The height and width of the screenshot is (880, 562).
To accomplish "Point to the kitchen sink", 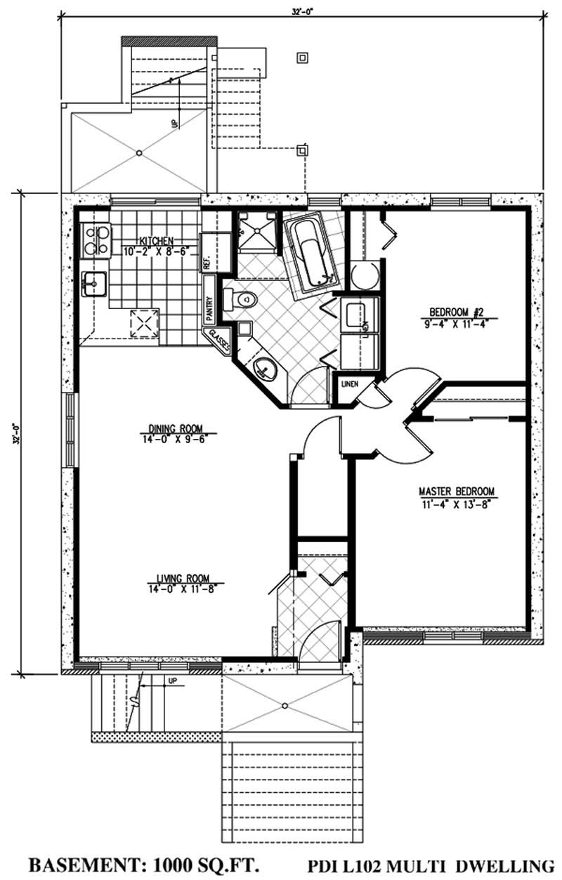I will click(x=93, y=284).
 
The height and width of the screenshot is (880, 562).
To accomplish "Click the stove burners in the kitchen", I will click(x=95, y=239).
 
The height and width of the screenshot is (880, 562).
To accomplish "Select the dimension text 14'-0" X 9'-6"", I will click(x=176, y=439).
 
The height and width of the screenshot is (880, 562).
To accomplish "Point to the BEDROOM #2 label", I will click(x=456, y=313).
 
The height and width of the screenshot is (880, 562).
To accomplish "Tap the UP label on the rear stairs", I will click(x=174, y=122).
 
